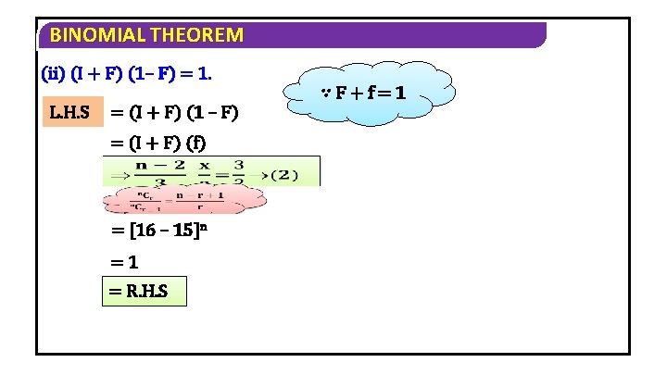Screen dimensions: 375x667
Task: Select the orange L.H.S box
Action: pyautogui.click(x=69, y=113)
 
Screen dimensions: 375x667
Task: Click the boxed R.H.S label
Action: pyautogui.click(x=143, y=292)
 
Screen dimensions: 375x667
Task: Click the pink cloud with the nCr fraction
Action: pyautogui.click(x=182, y=199)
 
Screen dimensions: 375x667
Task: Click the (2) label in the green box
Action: pyautogui.click(x=293, y=173)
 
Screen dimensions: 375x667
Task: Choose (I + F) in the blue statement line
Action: pyautogui.click(x=95, y=71)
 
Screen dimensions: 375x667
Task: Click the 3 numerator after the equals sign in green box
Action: pyautogui.click(x=238, y=166)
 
